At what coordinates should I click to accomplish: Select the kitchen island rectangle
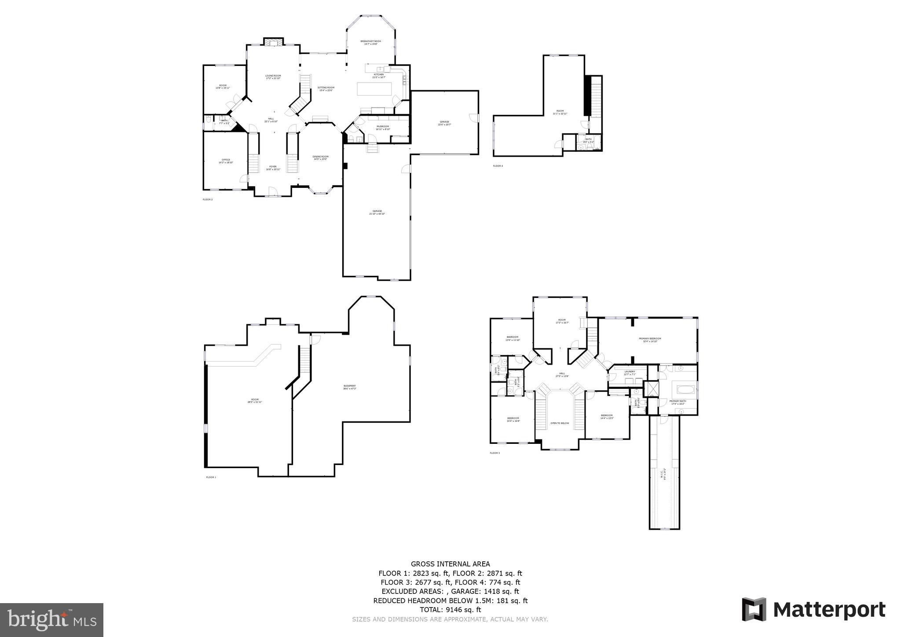374,89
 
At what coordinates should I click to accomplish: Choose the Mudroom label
383,128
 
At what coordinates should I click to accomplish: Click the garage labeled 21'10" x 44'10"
377,212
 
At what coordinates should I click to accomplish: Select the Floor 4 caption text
498,166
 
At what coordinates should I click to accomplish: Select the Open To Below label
560,423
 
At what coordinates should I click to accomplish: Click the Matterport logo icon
754,610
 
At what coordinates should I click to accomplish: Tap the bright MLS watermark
52,620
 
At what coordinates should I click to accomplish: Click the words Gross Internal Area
450,564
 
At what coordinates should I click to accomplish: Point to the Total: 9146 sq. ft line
450,610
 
